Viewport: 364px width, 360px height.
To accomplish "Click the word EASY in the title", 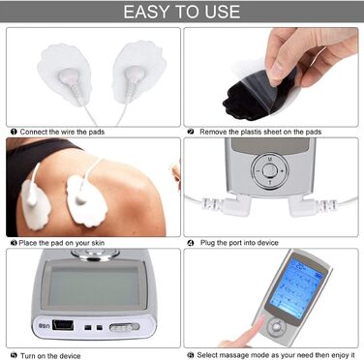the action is click(147, 12).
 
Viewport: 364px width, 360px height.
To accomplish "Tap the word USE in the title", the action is click(221, 12).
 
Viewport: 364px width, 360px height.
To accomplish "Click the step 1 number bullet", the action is click(14, 132).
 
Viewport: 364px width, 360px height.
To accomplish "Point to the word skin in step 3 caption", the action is click(98, 243).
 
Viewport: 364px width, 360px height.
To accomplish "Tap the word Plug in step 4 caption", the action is click(207, 243).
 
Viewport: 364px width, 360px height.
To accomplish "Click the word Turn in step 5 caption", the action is click(28, 356).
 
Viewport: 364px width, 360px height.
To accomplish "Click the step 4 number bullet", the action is click(191, 243).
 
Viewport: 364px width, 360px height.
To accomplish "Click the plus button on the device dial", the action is click(283, 170).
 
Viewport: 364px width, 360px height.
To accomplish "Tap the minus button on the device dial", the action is click(258, 170).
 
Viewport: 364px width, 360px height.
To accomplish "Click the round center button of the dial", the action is click(270, 170).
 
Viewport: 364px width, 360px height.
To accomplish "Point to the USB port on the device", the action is click(63, 325).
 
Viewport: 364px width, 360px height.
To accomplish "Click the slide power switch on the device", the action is click(125, 327).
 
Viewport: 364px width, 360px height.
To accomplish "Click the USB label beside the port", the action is click(45, 325).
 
